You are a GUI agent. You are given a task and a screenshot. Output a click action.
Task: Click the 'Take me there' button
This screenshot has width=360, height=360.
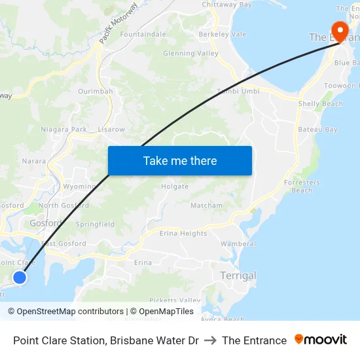coord(180,160)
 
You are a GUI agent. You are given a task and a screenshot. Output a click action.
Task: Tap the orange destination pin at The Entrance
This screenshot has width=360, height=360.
coord(340,31)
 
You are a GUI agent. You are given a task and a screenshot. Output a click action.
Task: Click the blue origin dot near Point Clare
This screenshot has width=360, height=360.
coord(20,278)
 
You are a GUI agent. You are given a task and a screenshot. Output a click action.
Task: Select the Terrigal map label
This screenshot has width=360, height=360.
coord(238,276)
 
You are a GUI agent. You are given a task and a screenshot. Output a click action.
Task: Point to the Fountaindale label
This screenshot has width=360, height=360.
coord(143,34)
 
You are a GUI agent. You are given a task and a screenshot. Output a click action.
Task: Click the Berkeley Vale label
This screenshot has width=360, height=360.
coord(223,34)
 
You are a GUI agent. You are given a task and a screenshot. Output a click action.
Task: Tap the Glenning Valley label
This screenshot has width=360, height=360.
coord(190,54)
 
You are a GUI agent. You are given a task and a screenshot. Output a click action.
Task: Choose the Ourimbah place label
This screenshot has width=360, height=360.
coord(96,92)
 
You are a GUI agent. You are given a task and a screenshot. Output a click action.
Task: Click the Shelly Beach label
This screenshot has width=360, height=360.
coord(320,104)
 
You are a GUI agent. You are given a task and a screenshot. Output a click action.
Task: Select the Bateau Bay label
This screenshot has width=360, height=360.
coord(317,130)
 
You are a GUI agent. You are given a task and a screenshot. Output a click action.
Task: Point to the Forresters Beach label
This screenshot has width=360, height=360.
coord(302,187)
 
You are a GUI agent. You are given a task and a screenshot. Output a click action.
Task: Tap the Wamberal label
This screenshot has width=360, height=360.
coord(238,244)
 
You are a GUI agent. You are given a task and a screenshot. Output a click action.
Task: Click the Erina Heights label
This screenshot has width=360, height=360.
coord(183,234)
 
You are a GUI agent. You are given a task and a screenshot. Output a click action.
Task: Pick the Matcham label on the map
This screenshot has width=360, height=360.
coord(206,206)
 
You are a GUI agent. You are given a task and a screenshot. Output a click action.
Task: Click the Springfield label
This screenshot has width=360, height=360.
coord(95,225)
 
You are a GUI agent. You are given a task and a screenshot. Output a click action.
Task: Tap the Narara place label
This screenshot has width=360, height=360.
coord(34,160)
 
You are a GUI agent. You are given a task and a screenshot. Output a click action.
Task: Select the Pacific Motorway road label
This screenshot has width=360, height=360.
coord(118,24)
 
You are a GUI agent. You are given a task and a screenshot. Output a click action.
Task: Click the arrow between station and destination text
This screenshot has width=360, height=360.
coord(210,340)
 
